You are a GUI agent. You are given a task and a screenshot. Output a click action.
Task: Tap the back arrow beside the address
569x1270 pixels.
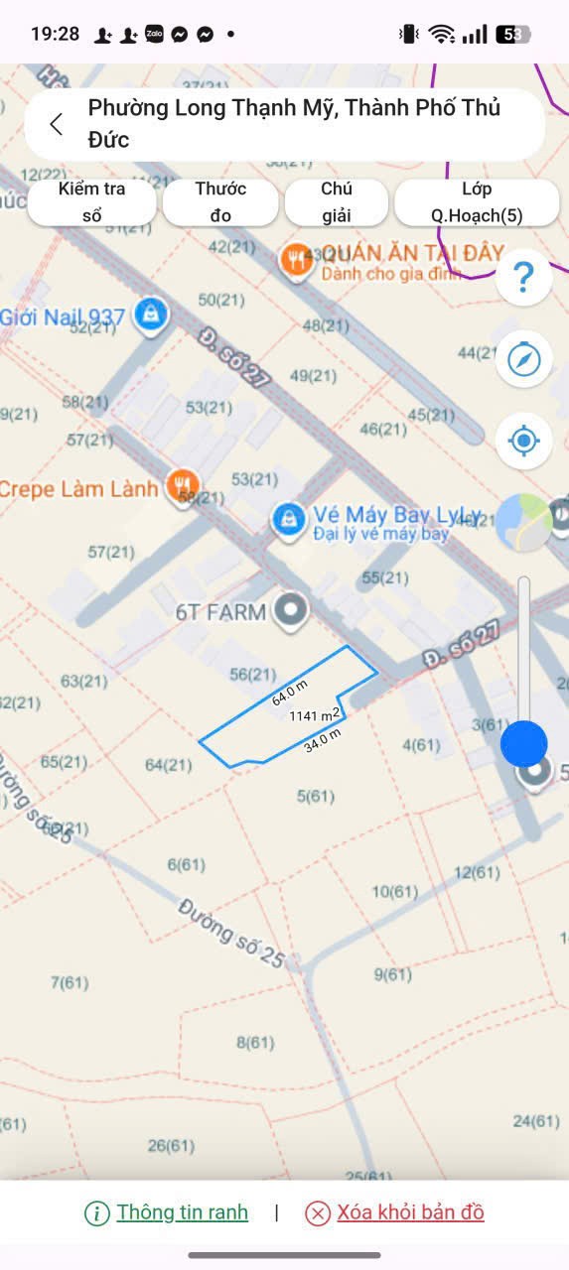click(57, 124)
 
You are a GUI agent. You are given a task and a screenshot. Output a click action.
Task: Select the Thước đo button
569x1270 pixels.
click(220, 202)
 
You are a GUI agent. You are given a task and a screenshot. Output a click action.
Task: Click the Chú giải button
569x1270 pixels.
click(337, 202)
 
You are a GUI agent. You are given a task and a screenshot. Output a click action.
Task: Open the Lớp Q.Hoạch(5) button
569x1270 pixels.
click(477, 202)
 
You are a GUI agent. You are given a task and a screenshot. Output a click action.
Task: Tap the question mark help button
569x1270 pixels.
click(523, 278)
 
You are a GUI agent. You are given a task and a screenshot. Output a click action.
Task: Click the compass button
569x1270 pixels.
click(523, 359)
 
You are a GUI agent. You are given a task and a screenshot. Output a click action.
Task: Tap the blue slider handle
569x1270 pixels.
click(523, 743)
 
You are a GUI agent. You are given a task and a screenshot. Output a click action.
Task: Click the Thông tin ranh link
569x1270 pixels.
click(182, 1212)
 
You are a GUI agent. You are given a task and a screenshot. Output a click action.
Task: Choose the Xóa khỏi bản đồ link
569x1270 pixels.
click(410, 1212)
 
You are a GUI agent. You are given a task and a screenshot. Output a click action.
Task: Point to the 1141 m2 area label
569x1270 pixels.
click(315, 714)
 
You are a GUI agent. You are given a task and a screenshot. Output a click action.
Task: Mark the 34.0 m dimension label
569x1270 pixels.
click(323, 740)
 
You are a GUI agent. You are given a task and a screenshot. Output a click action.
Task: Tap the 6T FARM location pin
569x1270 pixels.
click(291, 611)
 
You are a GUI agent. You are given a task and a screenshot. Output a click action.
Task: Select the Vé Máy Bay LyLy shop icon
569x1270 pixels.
click(289, 519)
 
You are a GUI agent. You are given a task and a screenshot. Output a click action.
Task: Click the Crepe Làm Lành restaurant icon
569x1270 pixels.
click(183, 485)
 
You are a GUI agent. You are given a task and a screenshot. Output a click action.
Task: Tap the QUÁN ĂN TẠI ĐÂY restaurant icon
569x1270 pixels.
click(295, 260)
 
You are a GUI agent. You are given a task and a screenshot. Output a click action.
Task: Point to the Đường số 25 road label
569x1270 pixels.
click(232, 933)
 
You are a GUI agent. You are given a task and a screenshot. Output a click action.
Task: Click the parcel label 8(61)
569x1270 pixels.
click(255, 1042)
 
